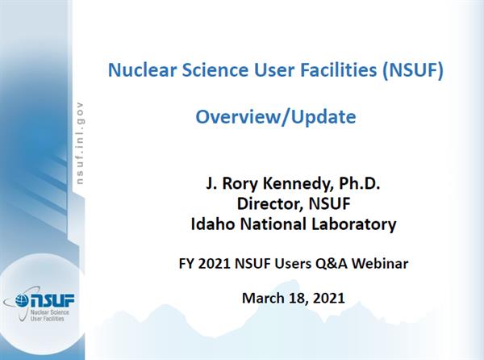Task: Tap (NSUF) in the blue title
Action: [413, 70]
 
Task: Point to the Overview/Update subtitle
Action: [276, 117]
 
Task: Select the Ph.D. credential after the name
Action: [359, 183]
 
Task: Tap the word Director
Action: [269, 203]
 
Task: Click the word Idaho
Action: [213, 224]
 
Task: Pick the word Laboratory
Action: [354, 224]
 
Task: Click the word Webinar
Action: [380, 264]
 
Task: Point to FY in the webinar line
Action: [186, 264]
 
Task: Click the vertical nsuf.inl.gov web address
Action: [80, 143]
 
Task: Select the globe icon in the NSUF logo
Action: [22, 299]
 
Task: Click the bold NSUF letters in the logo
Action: [52, 299]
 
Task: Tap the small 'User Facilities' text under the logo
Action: [48, 319]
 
